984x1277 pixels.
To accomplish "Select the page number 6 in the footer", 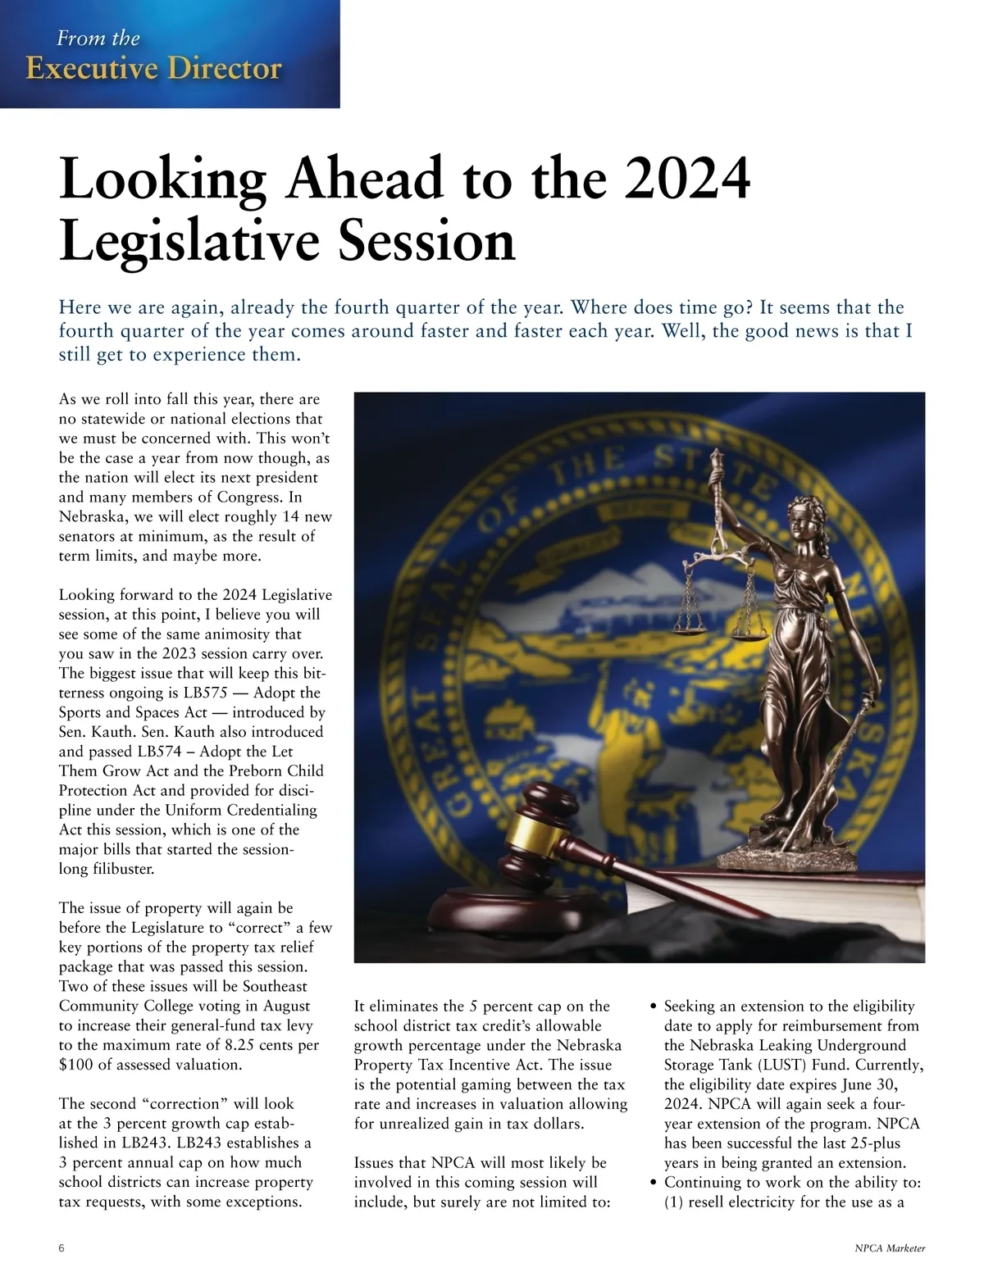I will pyautogui.click(x=62, y=1248).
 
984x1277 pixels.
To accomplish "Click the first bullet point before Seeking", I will pyautogui.click(x=653, y=1007).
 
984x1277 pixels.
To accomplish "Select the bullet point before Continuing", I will pyautogui.click(x=653, y=1183).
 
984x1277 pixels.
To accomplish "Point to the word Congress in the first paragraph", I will pyautogui.click(x=248, y=497).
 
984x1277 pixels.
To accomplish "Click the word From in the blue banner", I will pyautogui.click(x=75, y=38).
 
